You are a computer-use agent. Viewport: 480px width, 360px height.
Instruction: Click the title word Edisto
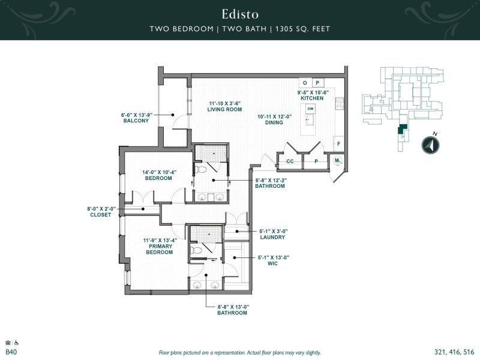(x=239, y=13)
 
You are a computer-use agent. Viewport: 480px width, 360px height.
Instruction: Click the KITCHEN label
(x=312, y=98)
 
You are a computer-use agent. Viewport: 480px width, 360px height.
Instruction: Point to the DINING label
(x=274, y=123)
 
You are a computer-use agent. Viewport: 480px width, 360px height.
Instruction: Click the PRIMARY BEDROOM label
(x=158, y=249)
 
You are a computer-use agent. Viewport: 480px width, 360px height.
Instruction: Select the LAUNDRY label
(x=272, y=237)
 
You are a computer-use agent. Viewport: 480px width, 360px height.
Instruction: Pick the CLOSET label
(x=101, y=215)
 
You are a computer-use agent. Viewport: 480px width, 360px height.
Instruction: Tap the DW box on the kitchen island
(x=310, y=109)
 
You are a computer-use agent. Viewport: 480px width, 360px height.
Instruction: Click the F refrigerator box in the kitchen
(x=338, y=144)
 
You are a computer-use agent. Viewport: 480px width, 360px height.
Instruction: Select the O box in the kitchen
(x=305, y=83)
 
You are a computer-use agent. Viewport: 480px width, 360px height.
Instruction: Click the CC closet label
(x=290, y=161)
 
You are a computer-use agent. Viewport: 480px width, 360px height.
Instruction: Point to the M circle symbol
(x=337, y=160)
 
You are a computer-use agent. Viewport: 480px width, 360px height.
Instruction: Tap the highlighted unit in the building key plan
(x=401, y=128)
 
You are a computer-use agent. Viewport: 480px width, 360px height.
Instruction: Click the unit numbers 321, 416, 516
(x=453, y=352)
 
